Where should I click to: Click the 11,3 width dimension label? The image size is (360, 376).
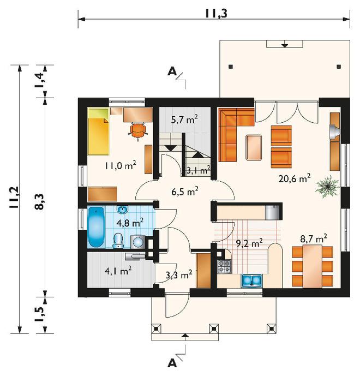216,14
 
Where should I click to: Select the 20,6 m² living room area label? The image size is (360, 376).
295,178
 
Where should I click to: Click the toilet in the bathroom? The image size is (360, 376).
118,241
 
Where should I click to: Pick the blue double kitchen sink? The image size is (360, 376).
251,280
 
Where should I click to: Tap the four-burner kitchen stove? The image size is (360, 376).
224,266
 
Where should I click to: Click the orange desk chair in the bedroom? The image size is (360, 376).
137,131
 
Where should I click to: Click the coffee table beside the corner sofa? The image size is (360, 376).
254,147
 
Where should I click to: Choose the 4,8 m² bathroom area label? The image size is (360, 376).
130,223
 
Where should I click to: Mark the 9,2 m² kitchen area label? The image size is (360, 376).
249,243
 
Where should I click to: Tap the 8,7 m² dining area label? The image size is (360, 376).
314,238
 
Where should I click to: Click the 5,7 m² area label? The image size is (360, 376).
184,119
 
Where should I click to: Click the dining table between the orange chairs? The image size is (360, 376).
313,266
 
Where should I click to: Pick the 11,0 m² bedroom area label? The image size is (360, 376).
121,165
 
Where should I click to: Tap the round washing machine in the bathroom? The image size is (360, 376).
137,242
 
